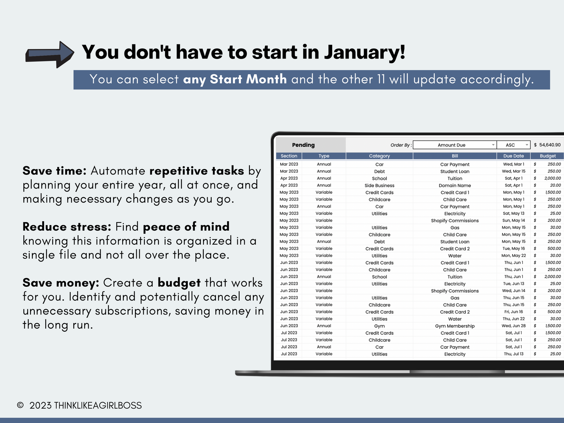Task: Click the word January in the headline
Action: point(365,52)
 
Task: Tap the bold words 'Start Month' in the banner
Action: point(248,79)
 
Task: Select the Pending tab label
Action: point(303,145)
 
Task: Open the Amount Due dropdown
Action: point(455,145)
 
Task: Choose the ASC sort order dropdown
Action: point(513,145)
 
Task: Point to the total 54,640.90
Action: point(550,145)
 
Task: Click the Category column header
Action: point(379,156)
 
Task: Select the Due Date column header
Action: point(513,156)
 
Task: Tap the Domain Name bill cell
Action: point(455,185)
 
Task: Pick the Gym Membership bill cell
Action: point(455,326)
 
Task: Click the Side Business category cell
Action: point(379,185)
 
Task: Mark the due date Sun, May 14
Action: point(513,220)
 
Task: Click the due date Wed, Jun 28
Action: point(513,326)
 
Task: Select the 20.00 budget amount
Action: point(555,185)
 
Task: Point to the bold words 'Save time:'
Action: point(55,171)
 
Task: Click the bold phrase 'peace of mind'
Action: point(186,227)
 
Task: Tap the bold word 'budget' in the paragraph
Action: point(179,283)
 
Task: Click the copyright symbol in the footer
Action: point(20,405)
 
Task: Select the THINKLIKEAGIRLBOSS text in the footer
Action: point(98,405)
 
